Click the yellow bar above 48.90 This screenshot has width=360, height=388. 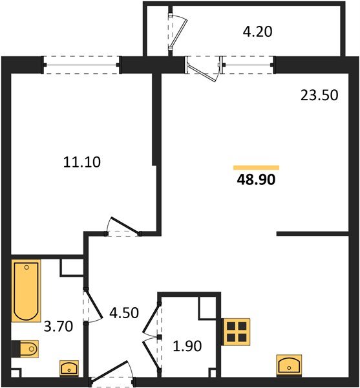(256, 167)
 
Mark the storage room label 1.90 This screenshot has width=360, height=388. (188, 347)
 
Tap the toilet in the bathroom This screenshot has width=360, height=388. (28, 350)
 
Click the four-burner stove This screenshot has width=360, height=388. (236, 332)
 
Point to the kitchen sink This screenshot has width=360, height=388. (288, 364)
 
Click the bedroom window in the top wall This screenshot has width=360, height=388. (82, 65)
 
